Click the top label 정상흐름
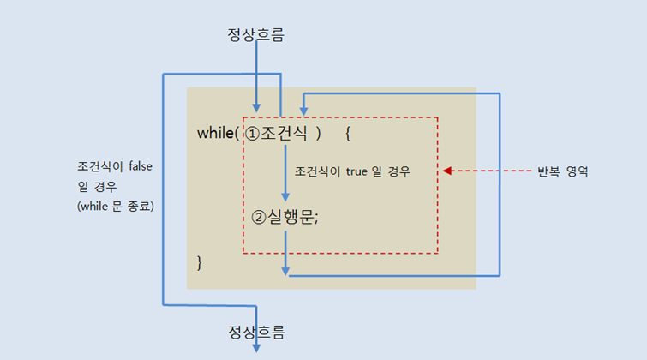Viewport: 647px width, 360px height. pyautogui.click(x=255, y=35)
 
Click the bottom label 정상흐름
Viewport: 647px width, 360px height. pyautogui.click(x=255, y=331)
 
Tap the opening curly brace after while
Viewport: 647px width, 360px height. pyautogui.click(x=347, y=134)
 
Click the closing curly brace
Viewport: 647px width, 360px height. pyautogui.click(x=200, y=261)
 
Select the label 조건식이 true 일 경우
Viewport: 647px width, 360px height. pyautogui.click(x=352, y=171)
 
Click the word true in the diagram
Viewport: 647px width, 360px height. pyautogui.click(x=357, y=171)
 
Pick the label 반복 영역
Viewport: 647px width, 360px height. pyautogui.click(x=562, y=171)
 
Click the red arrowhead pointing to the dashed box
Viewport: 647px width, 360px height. pyautogui.click(x=447, y=171)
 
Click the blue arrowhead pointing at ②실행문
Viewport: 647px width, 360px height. pyautogui.click(x=285, y=196)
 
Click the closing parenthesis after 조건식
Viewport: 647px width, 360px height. pyautogui.click(x=317, y=134)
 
